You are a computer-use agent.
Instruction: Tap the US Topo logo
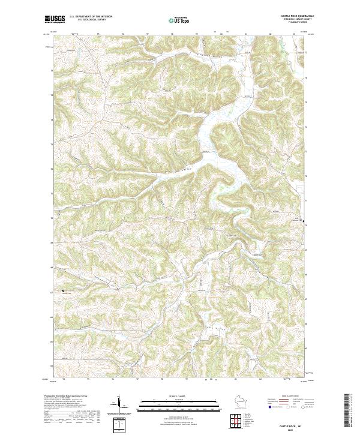tap(179, 20)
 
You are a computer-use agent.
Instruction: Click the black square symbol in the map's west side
tap(62, 292)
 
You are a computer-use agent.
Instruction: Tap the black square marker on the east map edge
tap(304, 222)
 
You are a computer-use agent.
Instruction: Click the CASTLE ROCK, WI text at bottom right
tap(294, 423)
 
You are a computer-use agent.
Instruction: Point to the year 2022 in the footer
tap(294, 428)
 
